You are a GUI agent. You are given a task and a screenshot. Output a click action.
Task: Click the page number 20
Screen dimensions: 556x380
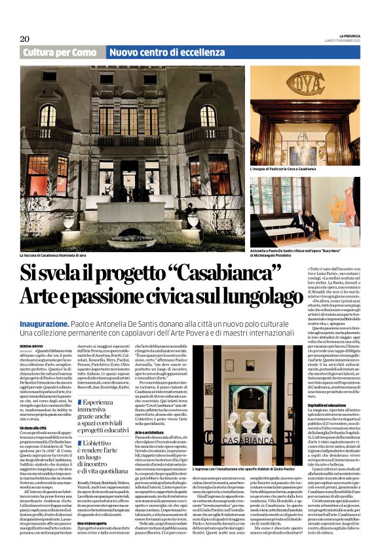25,39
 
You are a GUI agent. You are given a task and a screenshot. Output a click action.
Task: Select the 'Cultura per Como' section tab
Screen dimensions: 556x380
60,52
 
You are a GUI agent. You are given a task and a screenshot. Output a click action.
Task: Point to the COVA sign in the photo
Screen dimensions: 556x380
305,84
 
